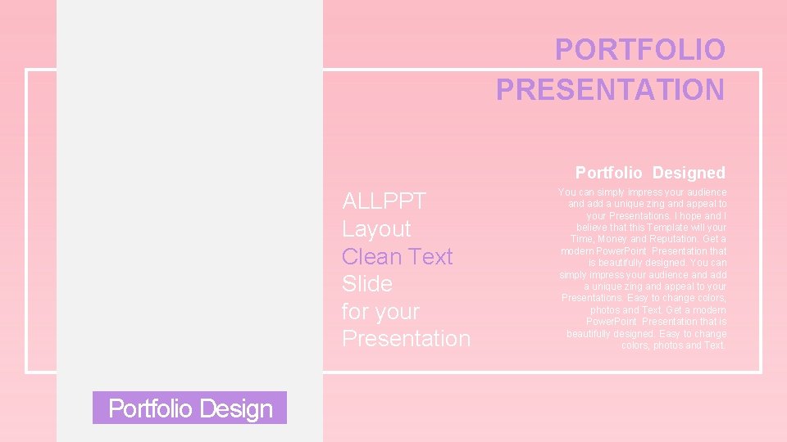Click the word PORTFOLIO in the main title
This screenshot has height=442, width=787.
coord(639,50)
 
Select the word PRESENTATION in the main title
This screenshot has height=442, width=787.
coord(610,89)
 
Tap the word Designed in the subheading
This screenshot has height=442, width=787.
coord(689,173)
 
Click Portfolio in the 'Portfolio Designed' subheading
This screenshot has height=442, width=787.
coord(610,173)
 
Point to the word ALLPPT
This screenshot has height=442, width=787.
coord(384,201)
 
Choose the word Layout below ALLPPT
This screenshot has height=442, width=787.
coord(376,229)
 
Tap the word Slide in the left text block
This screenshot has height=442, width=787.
coord(366,284)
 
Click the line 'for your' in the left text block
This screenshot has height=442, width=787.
coord(380,312)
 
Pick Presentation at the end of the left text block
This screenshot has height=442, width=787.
coord(406,339)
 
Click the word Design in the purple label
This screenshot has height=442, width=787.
coord(239,408)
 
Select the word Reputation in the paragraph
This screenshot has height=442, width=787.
coord(680,239)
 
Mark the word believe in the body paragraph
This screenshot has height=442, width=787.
coord(594,227)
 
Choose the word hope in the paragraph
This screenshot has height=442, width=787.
coord(691,215)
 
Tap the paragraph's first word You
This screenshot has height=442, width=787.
coord(566,192)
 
